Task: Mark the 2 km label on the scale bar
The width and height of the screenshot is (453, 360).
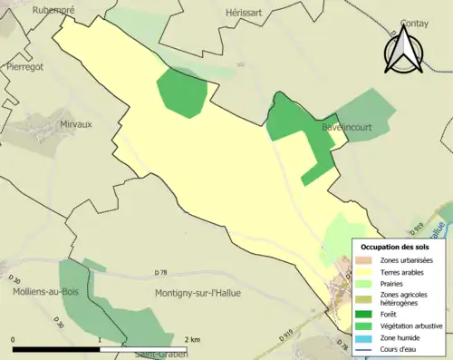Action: tap(192, 339)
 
